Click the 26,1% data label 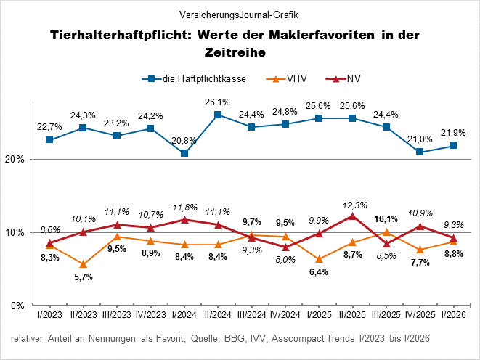point(217,102)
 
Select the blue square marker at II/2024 point(217,115)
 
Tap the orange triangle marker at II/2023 point(84,264)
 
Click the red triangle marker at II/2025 point(352,216)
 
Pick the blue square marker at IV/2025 point(419,152)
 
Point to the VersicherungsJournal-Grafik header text point(240,14)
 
